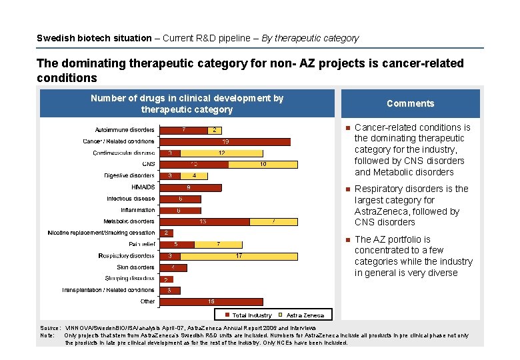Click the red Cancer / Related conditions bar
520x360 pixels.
coord(225,141)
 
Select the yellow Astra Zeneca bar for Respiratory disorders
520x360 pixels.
coord(238,256)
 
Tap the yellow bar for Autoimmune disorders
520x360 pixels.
coord(214,130)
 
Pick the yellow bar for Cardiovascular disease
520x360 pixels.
coord(221,153)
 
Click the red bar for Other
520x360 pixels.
coord(211,302)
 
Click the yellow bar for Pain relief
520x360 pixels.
coord(218,245)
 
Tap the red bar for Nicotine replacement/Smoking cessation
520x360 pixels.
coord(166,233)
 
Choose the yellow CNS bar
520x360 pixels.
coord(263,164)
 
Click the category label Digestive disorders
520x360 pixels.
coord(129,176)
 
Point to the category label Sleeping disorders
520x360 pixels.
coord(129,279)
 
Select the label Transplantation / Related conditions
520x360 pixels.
coord(108,290)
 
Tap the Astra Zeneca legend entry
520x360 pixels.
coord(303,315)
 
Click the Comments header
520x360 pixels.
coord(410,103)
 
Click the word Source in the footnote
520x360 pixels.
coord(49,329)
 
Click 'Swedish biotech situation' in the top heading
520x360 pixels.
coord(94,38)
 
